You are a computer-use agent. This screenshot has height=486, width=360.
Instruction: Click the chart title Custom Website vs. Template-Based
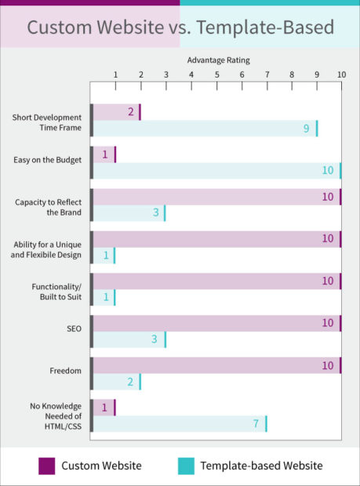(180, 27)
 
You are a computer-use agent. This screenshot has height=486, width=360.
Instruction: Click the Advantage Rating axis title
(216, 60)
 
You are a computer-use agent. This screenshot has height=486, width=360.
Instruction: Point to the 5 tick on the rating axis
(216, 74)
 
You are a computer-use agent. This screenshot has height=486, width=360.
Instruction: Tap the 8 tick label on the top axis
(292, 74)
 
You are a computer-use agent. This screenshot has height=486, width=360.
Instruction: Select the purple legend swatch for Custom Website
(47, 466)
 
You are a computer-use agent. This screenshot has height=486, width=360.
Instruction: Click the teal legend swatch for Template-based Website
(185, 466)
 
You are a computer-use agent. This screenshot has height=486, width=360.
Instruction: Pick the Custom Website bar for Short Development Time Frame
(117, 112)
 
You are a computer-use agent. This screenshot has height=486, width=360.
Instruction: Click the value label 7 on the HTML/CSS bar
(256, 424)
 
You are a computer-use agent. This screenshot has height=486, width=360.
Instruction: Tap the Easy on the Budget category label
(48, 160)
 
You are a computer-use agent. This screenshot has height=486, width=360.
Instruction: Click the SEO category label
(74, 328)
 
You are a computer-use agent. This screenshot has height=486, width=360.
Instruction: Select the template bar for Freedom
(117, 382)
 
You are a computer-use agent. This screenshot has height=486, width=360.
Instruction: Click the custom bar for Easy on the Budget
(104, 154)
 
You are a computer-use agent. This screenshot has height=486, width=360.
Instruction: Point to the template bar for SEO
(129, 339)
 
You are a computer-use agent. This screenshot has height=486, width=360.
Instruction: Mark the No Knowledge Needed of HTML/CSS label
(56, 415)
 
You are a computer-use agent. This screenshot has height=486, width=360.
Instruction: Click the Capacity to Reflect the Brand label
(49, 207)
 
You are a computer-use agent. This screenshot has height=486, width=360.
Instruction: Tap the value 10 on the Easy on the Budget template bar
(328, 171)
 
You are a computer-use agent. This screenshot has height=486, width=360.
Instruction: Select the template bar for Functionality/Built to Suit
(104, 297)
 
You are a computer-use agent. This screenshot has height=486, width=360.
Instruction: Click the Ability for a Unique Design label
(48, 249)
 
